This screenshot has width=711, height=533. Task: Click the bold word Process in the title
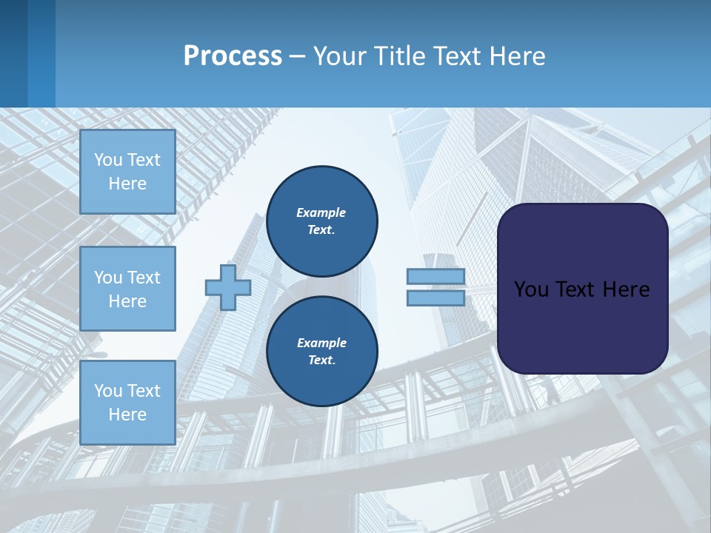(x=233, y=56)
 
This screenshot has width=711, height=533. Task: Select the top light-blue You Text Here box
(x=127, y=172)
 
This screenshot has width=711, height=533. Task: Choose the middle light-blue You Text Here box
(x=127, y=289)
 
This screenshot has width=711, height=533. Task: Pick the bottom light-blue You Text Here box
(x=127, y=402)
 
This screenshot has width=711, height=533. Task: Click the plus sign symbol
(x=227, y=287)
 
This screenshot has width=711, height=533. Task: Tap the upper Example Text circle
(x=321, y=221)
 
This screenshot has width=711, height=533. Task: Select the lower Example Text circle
(x=321, y=352)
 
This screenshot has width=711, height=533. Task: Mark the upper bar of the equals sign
(x=435, y=276)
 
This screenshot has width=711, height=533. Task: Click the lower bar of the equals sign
(x=435, y=298)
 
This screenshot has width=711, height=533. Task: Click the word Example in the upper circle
(x=321, y=212)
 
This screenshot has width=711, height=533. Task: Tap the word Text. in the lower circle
(x=321, y=361)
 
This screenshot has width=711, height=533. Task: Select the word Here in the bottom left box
(x=127, y=415)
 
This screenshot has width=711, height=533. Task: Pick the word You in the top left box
(x=108, y=160)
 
